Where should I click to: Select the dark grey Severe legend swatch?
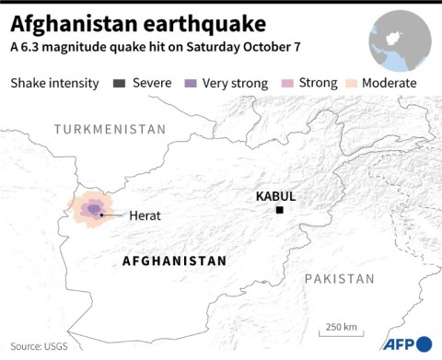[119, 83]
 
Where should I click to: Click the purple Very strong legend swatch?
[191, 83]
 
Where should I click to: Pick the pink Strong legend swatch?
[288, 83]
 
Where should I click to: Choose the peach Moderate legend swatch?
[354, 83]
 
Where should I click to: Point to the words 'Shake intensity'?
[54, 83]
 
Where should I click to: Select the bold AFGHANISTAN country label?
[174, 261]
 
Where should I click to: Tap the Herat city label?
[145, 215]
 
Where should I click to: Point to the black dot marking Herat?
[102, 215]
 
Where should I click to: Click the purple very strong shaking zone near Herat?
[92, 209]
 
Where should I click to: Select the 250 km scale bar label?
[340, 326]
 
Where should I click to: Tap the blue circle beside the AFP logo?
[425, 343]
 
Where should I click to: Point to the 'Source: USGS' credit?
[39, 347]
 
